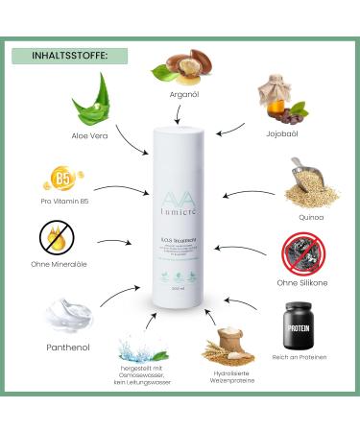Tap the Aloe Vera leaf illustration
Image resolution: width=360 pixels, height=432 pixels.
90,102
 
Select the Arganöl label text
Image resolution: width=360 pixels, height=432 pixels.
180,95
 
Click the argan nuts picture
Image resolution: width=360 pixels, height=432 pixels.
179,67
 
